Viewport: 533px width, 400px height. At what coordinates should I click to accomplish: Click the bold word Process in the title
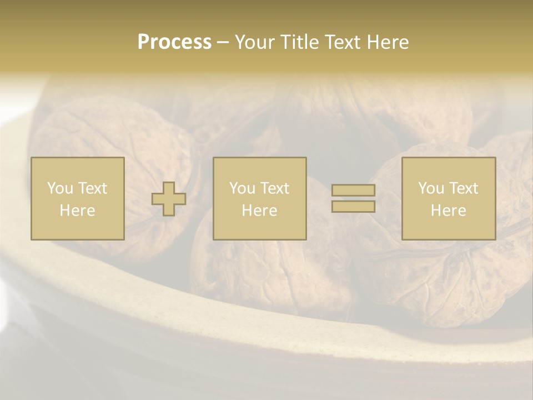point(174,42)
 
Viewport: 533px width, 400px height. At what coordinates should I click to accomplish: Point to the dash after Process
point(223,43)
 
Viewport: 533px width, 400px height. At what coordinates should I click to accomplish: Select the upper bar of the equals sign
point(353,190)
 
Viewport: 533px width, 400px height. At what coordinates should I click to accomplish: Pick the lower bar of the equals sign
point(353,207)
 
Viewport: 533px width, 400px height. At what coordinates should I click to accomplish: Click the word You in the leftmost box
point(60,188)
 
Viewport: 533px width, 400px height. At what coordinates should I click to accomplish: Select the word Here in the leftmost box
point(78,211)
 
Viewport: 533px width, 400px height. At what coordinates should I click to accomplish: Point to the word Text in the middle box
point(274,188)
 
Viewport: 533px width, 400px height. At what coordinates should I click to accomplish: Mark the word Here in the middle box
point(260,211)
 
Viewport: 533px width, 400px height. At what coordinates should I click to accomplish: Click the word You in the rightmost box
point(431,188)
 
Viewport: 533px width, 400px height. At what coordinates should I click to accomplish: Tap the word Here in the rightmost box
point(449,211)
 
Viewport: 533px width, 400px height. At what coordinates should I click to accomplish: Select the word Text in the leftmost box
point(92,188)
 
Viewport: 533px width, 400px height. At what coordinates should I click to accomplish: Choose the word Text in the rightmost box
point(463,188)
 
